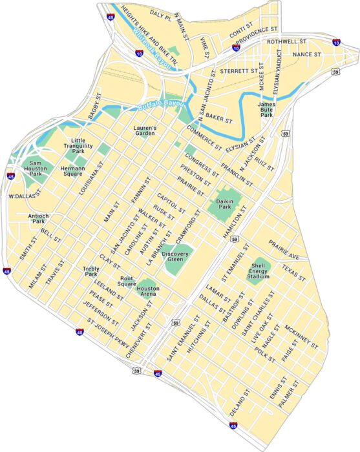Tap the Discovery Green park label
(175, 256)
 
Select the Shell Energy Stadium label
(258, 271)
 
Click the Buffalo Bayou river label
(161, 104)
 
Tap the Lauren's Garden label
(145, 132)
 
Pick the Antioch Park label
(37, 218)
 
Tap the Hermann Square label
(68, 170)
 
